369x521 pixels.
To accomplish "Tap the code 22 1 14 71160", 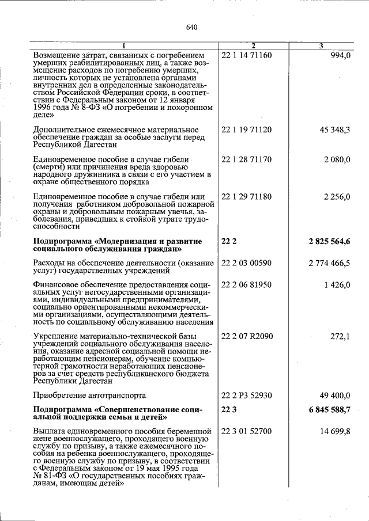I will click(246, 55).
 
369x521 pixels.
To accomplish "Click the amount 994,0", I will click(340, 55).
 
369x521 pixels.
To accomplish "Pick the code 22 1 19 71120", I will click(246, 130).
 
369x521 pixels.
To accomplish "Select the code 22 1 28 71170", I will click(246, 159).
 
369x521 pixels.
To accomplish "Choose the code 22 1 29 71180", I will click(246, 197).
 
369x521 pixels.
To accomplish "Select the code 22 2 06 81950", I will click(246, 284).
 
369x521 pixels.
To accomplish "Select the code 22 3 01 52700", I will click(246, 431).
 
